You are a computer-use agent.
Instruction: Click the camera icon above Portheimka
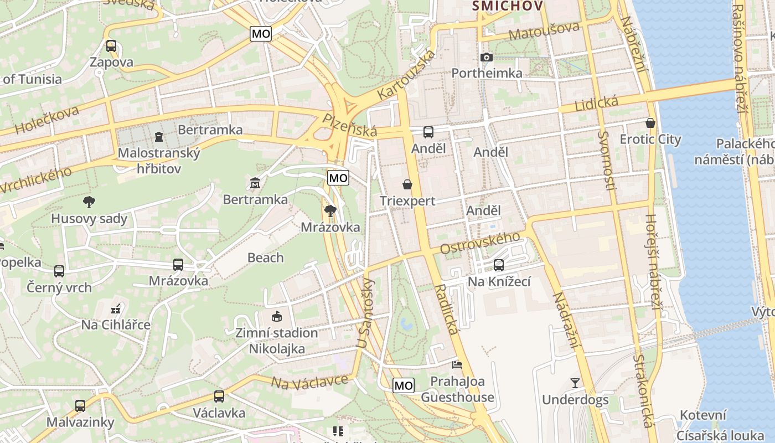pyautogui.click(x=487, y=57)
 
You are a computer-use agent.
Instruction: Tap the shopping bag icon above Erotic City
pyautogui.click(x=650, y=123)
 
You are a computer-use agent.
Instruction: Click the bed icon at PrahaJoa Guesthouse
pyautogui.click(x=457, y=365)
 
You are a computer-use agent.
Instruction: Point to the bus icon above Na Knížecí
pyautogui.click(x=499, y=265)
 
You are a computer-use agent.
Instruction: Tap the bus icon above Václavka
pyautogui.click(x=219, y=396)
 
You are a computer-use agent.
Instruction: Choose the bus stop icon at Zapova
pyautogui.click(x=111, y=46)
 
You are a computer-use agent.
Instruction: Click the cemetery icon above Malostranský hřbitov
pyautogui.click(x=159, y=136)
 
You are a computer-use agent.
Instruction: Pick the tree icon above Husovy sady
pyautogui.click(x=89, y=202)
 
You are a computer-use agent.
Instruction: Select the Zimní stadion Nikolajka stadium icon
pyautogui.click(x=276, y=317)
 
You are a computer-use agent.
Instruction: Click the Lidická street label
pyautogui.click(x=596, y=103)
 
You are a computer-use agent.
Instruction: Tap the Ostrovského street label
pyautogui.click(x=480, y=243)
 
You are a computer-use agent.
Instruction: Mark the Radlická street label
pyautogui.click(x=447, y=310)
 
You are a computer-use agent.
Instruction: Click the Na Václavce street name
pyautogui.click(x=310, y=381)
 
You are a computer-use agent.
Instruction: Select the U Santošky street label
pyautogui.click(x=366, y=313)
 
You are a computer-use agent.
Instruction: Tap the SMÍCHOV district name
pyautogui.click(x=507, y=6)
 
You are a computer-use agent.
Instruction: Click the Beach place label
pyautogui.click(x=266, y=257)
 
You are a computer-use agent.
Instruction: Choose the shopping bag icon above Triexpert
pyautogui.click(x=407, y=184)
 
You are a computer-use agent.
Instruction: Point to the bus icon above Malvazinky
pyautogui.click(x=80, y=406)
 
